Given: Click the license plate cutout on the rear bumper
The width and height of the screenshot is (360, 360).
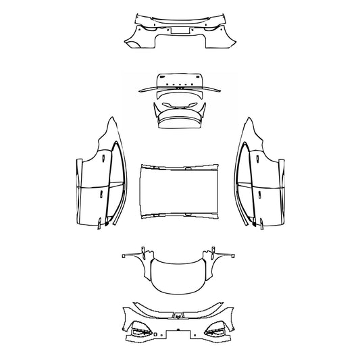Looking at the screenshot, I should (179, 29).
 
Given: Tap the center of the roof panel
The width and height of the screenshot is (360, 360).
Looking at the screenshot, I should (179, 191).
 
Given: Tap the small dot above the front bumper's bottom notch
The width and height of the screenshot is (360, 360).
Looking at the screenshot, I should (178, 330).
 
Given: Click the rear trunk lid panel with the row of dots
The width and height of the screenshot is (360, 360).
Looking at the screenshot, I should (179, 80).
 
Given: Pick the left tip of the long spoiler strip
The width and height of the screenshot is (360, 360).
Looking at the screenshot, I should (138, 90).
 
